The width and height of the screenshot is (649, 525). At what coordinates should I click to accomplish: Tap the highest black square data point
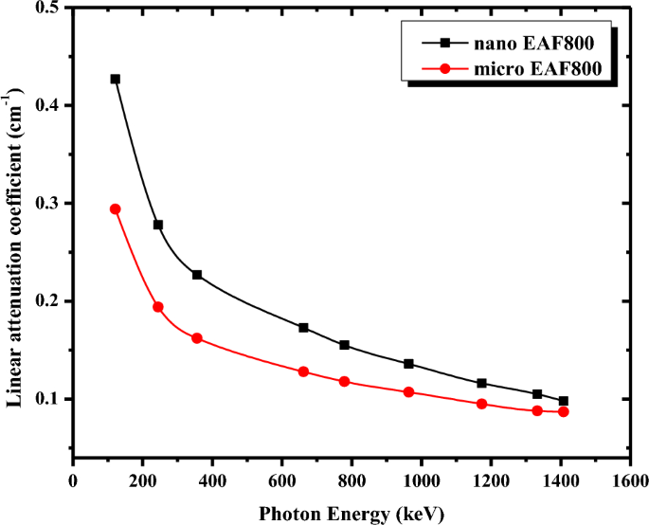click(116, 79)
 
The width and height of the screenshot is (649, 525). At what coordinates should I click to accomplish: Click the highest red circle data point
click(116, 209)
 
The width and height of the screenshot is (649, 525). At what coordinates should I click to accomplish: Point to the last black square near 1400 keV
click(564, 401)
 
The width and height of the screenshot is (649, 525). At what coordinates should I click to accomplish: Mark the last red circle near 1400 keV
click(564, 411)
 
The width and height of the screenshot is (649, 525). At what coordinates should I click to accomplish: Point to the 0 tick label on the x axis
click(73, 480)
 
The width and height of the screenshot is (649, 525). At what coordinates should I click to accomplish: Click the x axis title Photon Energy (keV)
click(352, 513)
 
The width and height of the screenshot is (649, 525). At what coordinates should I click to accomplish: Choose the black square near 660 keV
click(303, 328)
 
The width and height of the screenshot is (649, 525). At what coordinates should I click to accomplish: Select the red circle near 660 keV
click(303, 371)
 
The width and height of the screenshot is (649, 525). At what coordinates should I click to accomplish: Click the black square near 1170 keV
click(481, 384)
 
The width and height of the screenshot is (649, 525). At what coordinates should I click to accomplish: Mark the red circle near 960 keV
click(408, 392)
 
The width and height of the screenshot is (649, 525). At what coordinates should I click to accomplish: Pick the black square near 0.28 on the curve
click(158, 225)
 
